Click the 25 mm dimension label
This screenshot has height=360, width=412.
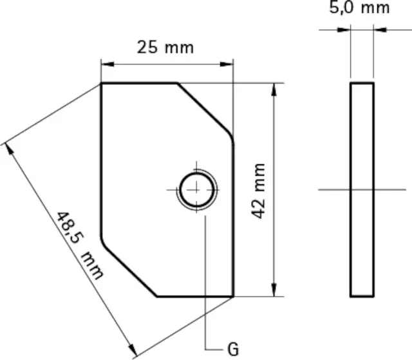165,48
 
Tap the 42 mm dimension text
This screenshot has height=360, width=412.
259,191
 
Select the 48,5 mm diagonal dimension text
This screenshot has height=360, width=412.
79,245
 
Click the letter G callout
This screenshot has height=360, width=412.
233,350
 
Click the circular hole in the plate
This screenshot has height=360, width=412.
196,189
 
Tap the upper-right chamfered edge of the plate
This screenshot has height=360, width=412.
205,110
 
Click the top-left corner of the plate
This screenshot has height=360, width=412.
102,84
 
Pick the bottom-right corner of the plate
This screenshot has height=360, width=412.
232,296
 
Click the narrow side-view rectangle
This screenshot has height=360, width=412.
362,189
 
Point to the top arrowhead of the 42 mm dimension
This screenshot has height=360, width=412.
276,89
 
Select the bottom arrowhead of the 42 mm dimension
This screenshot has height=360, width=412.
276,290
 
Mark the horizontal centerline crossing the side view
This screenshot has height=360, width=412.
393,189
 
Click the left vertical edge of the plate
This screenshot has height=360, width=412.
102,161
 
